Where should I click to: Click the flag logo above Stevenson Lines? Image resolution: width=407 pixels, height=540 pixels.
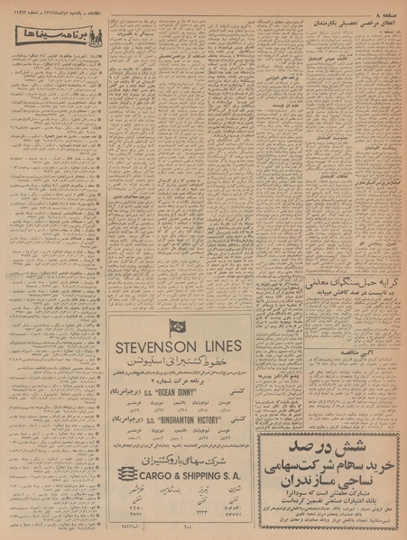pyautogui.click(x=176, y=327)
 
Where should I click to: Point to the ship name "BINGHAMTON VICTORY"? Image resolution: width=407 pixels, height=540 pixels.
pyautogui.click(x=185, y=420)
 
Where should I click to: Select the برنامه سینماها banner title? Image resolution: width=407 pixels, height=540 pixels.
pyautogui.click(x=51, y=40)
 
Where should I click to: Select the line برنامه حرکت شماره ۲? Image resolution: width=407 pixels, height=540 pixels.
pyautogui.click(x=180, y=380)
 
